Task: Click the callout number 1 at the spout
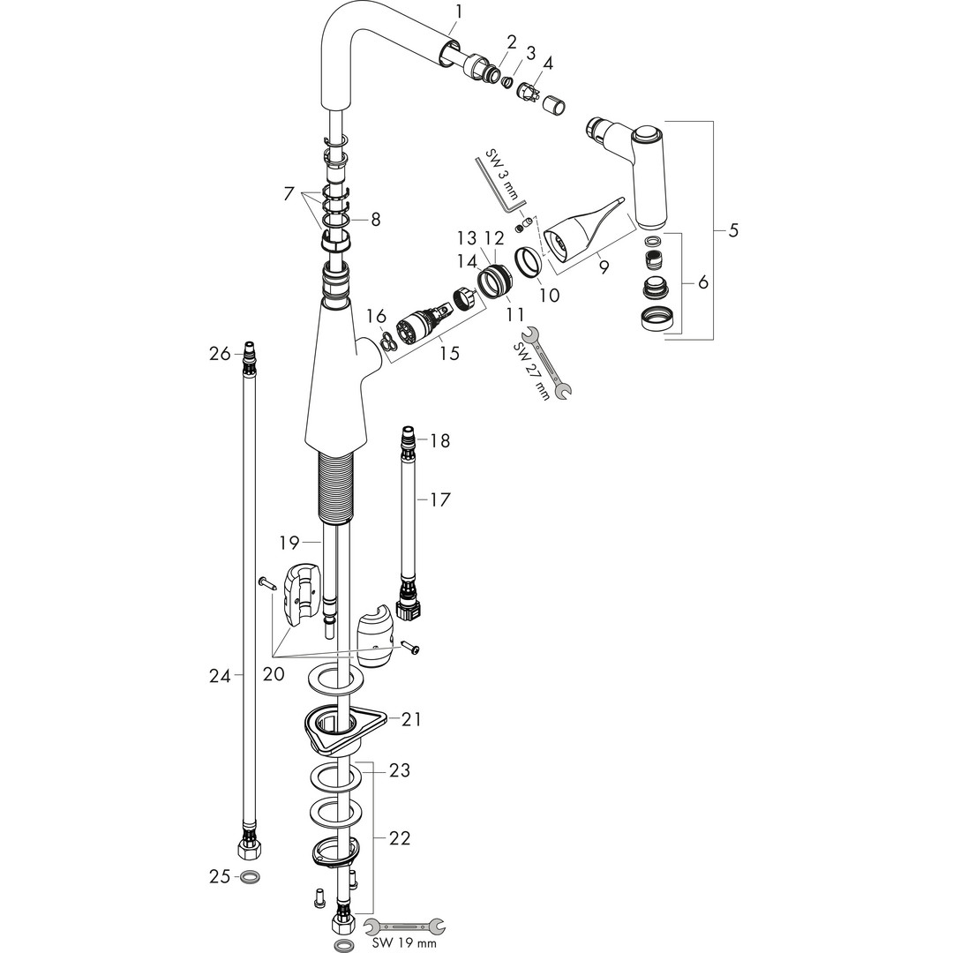[x=458, y=11]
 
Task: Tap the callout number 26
[x=219, y=354]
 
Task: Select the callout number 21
[x=411, y=720]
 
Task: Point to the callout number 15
[x=449, y=353]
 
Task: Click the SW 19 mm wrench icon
[x=405, y=926]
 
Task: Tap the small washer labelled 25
[x=251, y=878]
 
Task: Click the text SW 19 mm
[x=404, y=944]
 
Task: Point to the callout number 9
[x=604, y=266]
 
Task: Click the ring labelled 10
[x=528, y=262]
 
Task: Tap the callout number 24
[x=219, y=677]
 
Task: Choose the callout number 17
[x=439, y=500]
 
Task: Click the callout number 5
[x=734, y=230]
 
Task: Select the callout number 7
[x=289, y=192]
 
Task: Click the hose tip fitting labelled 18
[x=408, y=439]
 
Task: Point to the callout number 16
[x=376, y=316]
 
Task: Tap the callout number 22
[x=400, y=838]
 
